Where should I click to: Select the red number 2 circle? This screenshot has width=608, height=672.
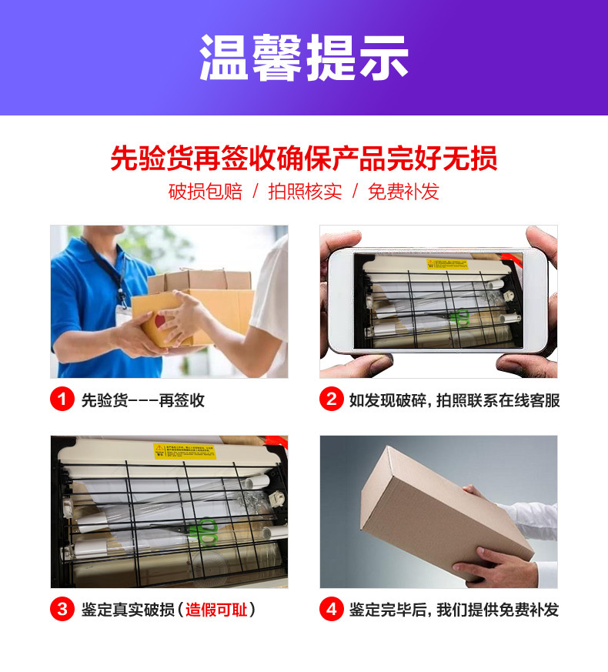pos(331,400)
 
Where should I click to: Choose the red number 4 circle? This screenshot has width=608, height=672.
pos(331,610)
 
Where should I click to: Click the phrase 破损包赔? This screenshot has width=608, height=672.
pos(205,192)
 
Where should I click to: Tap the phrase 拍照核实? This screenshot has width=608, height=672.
pos(304,192)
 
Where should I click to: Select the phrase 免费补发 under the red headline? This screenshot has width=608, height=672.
pos(403,192)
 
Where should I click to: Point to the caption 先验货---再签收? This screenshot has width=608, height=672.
pos(143,400)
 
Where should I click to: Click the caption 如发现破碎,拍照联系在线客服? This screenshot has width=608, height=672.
pos(454,400)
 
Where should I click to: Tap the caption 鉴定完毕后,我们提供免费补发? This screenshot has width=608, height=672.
pos(454,610)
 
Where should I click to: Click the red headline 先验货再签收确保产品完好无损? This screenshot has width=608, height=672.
pos(304,158)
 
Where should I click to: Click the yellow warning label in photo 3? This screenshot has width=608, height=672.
pos(185,450)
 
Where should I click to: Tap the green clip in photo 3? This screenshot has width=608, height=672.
pos(206,531)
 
